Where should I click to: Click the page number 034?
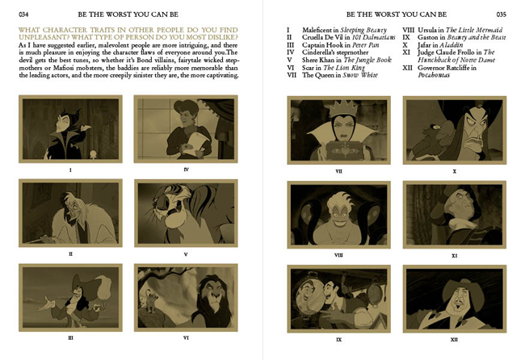pos(23,15)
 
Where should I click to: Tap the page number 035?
pos(502,15)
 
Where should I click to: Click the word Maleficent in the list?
pos(317,30)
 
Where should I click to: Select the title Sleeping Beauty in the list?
pos(363,30)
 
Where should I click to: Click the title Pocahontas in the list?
pos(434,75)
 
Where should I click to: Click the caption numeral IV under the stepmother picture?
pos(186,170)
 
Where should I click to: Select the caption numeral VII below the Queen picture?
pos(338,171)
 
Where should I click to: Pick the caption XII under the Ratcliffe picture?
pos(454,340)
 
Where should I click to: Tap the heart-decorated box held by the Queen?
pos(342,149)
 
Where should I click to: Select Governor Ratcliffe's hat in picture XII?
pos(463,291)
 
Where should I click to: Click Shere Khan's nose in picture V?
pos(156,202)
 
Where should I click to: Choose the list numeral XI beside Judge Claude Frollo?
pos(406,52)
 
